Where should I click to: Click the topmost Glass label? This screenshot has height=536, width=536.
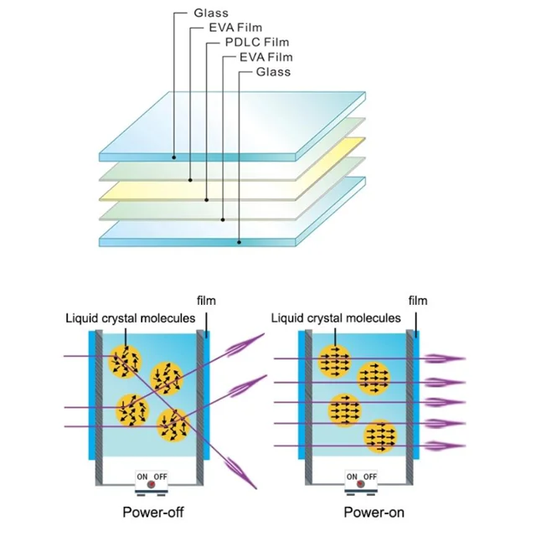(209, 13)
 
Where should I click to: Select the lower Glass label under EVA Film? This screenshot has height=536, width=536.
(273, 72)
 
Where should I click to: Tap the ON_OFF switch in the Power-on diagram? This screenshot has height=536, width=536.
(362, 480)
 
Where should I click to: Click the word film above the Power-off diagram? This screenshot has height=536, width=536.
(205, 301)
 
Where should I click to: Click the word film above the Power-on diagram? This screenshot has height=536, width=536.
(416, 301)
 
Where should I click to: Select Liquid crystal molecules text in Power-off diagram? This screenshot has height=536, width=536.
(130, 318)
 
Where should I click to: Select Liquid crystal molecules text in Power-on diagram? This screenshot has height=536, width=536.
(337, 318)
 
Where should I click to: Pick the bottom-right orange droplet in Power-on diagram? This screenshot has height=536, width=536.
(381, 435)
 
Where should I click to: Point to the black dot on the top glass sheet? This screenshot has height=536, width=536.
(174, 157)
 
